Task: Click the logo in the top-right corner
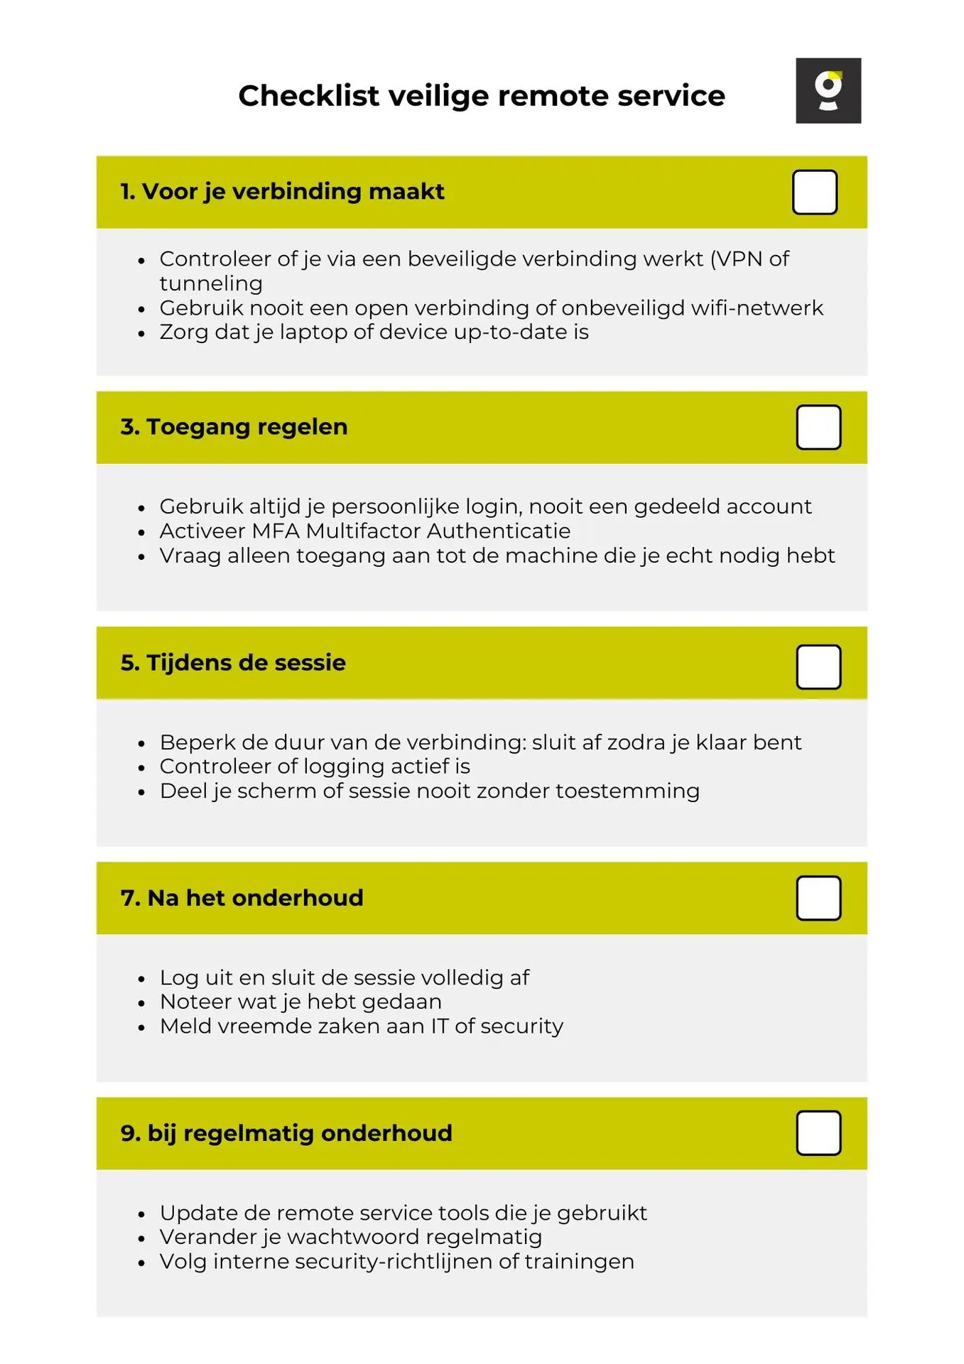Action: click(x=828, y=91)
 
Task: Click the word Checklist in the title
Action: click(x=308, y=96)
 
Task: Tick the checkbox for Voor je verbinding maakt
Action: click(x=814, y=192)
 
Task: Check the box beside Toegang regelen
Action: click(x=818, y=428)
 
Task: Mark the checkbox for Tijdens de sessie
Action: click(x=818, y=667)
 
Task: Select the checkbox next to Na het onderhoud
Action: click(x=818, y=898)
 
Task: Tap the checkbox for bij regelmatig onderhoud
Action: click(x=818, y=1133)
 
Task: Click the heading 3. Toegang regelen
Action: click(x=234, y=427)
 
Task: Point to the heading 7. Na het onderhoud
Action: click(x=242, y=898)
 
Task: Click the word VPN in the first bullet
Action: click(x=740, y=259)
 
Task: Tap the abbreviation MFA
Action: click(x=265, y=531)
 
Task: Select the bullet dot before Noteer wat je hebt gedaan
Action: click(x=142, y=1003)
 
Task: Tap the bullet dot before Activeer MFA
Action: click(x=142, y=532)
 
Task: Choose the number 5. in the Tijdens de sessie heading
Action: click(x=130, y=663)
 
